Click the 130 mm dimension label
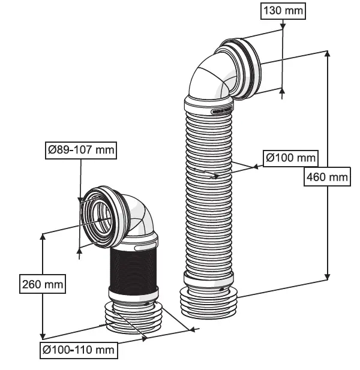pyautogui.click(x=283, y=11)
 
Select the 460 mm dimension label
pyautogui.click(x=327, y=177)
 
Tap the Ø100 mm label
pyautogui.click(x=291, y=158)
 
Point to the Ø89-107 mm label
pyautogui.click(x=80, y=150)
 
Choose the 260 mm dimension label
pyautogui.click(x=42, y=284)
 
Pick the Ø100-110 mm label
pyautogui.click(x=79, y=350)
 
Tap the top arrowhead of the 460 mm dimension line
pyautogui.click(x=328, y=53)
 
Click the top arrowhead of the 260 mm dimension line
pyautogui.click(x=43, y=237)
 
